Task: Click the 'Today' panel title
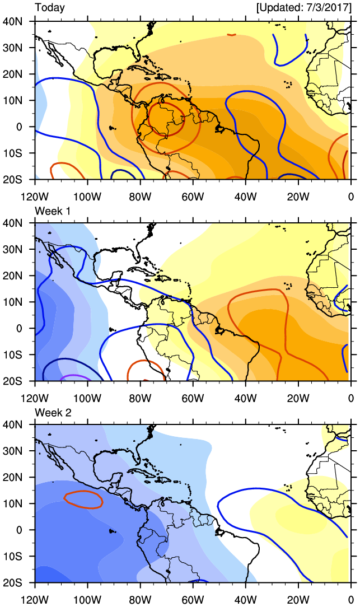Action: tap(50, 8)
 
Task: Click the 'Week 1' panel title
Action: tap(53, 210)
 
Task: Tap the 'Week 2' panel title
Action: tap(53, 412)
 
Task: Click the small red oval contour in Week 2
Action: tap(83, 499)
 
